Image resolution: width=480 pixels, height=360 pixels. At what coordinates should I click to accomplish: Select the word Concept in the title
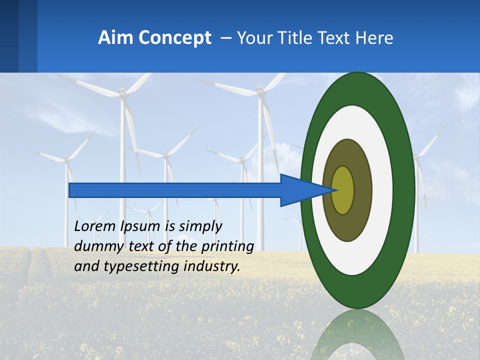coord(175,38)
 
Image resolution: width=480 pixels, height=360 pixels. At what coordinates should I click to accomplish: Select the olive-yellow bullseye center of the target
coord(343,190)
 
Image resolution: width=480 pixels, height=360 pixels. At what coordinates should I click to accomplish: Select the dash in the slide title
coord(226,38)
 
